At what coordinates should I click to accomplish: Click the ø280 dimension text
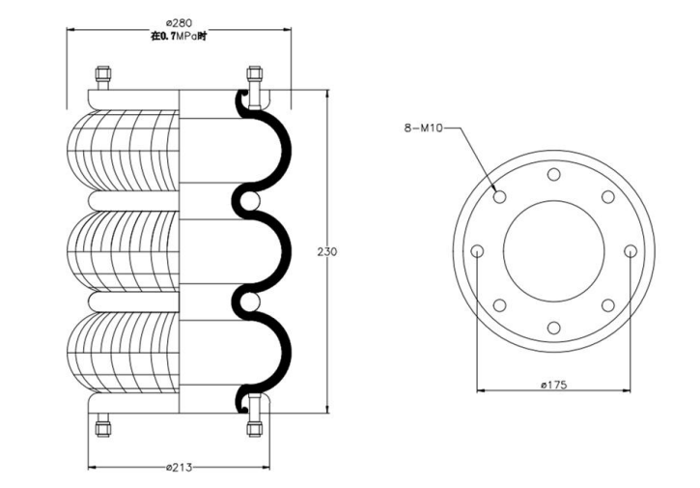(x=179, y=21)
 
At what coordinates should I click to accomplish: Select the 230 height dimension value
(x=327, y=251)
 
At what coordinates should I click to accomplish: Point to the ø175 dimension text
(x=553, y=386)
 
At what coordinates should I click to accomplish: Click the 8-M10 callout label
(x=423, y=127)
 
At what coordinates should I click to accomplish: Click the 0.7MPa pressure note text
(x=179, y=36)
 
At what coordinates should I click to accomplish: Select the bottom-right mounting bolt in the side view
(x=255, y=425)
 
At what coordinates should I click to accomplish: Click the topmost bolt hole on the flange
(x=553, y=175)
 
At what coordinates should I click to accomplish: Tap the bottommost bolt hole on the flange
(x=553, y=328)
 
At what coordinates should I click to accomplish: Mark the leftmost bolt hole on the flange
(x=477, y=251)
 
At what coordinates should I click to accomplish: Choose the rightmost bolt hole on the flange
(x=630, y=251)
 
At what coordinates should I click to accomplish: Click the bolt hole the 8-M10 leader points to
(x=499, y=197)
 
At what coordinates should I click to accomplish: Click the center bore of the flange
(x=553, y=251)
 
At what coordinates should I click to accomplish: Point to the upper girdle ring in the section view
(x=248, y=199)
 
